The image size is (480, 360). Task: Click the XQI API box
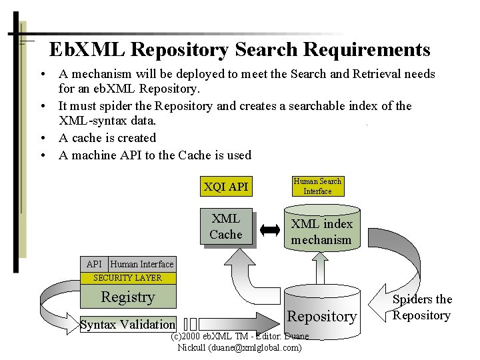click(225, 187)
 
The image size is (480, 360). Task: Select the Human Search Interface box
click(317, 186)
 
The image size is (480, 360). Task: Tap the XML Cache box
click(226, 226)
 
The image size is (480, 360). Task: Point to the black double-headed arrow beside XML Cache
click(270, 231)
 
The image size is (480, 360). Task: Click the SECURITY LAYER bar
click(127, 277)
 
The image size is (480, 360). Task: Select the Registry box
click(127, 297)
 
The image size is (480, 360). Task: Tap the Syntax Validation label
click(127, 325)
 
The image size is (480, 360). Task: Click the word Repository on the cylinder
click(322, 316)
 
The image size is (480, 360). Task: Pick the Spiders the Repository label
click(422, 307)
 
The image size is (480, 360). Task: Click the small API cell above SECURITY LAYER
click(94, 264)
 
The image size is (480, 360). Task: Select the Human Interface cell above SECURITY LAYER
click(142, 264)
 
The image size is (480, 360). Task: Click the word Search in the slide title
click(272, 50)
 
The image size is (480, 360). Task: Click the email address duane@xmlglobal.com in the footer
click(254, 347)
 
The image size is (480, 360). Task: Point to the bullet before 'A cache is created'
click(42, 138)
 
